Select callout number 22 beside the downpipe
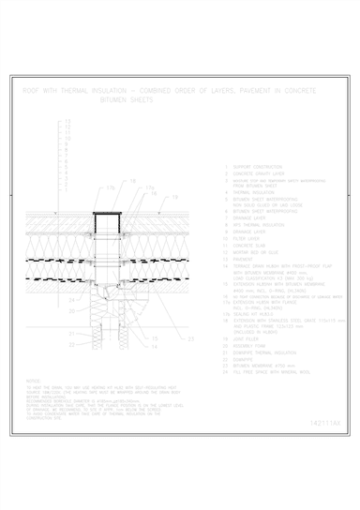point(71,344)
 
